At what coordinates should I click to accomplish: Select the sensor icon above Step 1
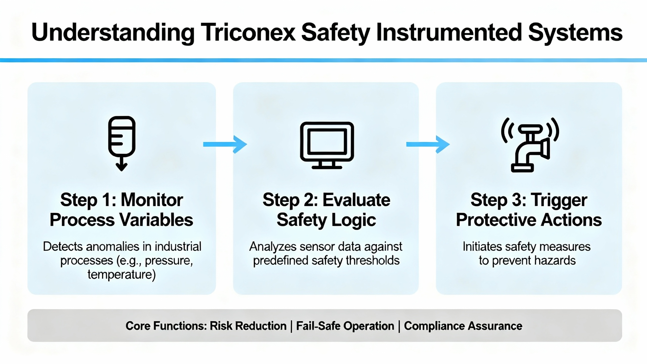(x=122, y=143)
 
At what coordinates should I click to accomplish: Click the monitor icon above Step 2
(x=327, y=145)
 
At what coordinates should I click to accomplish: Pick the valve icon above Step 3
(x=530, y=145)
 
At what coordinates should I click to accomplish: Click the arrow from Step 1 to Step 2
(x=225, y=144)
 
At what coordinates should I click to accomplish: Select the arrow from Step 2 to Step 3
(x=428, y=144)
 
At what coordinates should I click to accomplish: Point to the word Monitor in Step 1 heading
(x=152, y=200)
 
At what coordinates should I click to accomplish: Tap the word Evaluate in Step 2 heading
(x=356, y=200)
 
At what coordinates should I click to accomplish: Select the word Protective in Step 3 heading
(x=496, y=220)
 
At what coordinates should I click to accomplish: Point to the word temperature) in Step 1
(x=122, y=275)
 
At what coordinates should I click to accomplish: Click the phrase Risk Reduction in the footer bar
(x=248, y=326)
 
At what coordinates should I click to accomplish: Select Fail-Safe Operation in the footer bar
(x=345, y=326)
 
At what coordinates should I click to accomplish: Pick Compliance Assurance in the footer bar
(x=463, y=326)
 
